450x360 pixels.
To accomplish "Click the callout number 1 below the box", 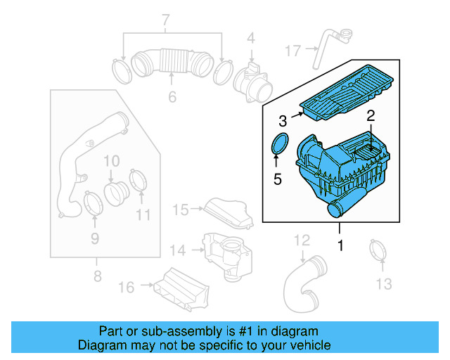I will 340,246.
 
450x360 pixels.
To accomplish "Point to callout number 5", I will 277,180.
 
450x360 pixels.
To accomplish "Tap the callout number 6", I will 172,97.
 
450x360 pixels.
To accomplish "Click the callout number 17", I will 293,50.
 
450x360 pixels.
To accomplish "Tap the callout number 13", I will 382,283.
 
